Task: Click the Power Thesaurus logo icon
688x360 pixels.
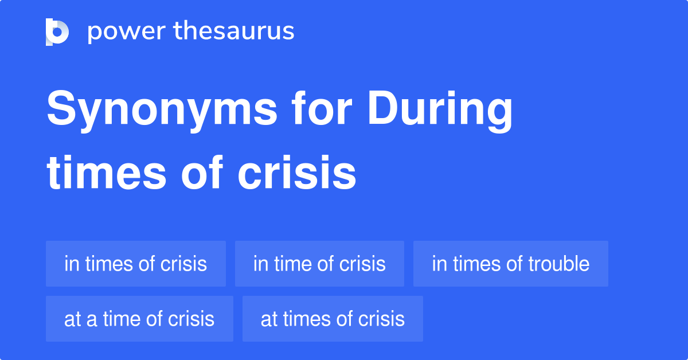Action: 57,32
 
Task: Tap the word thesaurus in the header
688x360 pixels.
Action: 234,32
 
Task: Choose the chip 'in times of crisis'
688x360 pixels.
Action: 136,264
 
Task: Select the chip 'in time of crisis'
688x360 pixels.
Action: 319,264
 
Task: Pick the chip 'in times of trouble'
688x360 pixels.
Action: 510,264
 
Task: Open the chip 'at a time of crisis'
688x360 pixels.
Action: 139,319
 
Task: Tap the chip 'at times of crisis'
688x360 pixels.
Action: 333,319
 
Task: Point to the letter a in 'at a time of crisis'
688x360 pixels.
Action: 91,319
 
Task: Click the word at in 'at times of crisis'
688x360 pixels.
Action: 268,319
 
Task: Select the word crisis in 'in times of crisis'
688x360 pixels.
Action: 184,264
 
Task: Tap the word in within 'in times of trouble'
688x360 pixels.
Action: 439,264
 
